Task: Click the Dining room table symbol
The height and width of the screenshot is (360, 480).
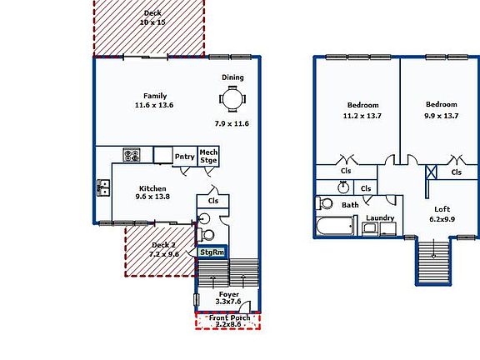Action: pyautogui.click(x=232, y=100)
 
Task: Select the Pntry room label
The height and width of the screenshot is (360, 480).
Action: pyautogui.click(x=184, y=157)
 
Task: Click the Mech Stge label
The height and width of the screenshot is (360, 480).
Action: pyautogui.click(x=208, y=157)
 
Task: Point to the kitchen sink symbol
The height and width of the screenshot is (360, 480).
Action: pyautogui.click(x=103, y=187)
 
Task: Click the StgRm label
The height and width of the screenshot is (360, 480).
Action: pyautogui.click(x=212, y=252)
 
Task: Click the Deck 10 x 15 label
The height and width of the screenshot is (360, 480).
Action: pyautogui.click(x=152, y=22)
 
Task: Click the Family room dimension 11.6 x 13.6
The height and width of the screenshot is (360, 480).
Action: pyautogui.click(x=154, y=106)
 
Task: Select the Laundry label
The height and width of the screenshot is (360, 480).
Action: pyautogui.click(x=379, y=218)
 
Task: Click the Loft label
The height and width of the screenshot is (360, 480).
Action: pyautogui.click(x=441, y=209)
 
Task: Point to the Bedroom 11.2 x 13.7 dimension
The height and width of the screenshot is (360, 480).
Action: pyautogui.click(x=362, y=116)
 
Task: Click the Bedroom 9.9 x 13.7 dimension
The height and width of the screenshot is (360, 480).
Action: pyautogui.click(x=442, y=116)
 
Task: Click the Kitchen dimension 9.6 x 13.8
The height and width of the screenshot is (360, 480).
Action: pyautogui.click(x=152, y=197)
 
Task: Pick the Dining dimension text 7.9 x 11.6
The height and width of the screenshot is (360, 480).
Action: pyautogui.click(x=232, y=123)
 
